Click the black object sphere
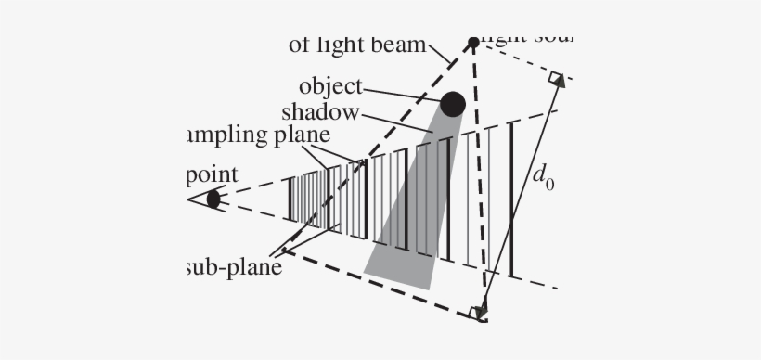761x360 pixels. pos(453,104)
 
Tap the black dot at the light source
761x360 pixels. pos(473,42)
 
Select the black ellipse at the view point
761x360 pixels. pos(213,199)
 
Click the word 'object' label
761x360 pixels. pos(330,87)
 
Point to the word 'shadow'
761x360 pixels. pos(320,112)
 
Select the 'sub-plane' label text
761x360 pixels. pos(233,267)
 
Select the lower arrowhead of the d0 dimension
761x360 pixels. pos(481,311)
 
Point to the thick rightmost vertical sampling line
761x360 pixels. pos(511,199)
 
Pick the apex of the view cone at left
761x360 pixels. pos(188,199)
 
